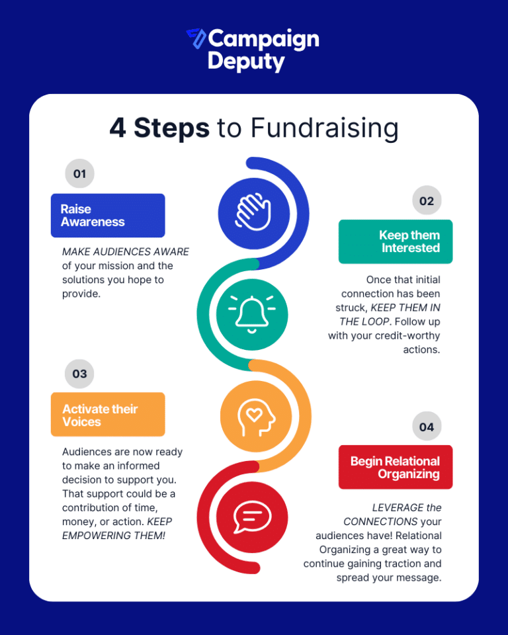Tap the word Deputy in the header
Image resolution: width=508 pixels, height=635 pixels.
point(246,62)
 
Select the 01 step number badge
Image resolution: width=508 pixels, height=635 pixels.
point(80,173)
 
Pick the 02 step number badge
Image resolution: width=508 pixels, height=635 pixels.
point(427,200)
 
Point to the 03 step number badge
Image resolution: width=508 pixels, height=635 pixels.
point(79,373)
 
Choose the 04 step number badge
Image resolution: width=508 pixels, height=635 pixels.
point(427,427)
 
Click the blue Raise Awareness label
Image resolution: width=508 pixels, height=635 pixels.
point(108,216)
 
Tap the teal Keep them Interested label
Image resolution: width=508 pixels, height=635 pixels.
point(396,241)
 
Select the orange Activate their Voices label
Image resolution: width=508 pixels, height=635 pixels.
point(108,414)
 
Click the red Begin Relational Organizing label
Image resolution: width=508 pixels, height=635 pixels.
point(396,467)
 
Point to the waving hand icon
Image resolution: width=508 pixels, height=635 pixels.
point(253,212)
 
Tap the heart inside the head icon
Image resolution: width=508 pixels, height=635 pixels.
point(254,414)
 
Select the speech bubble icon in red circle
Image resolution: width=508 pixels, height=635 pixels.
point(252,517)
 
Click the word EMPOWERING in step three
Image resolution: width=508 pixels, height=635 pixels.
point(97,536)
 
